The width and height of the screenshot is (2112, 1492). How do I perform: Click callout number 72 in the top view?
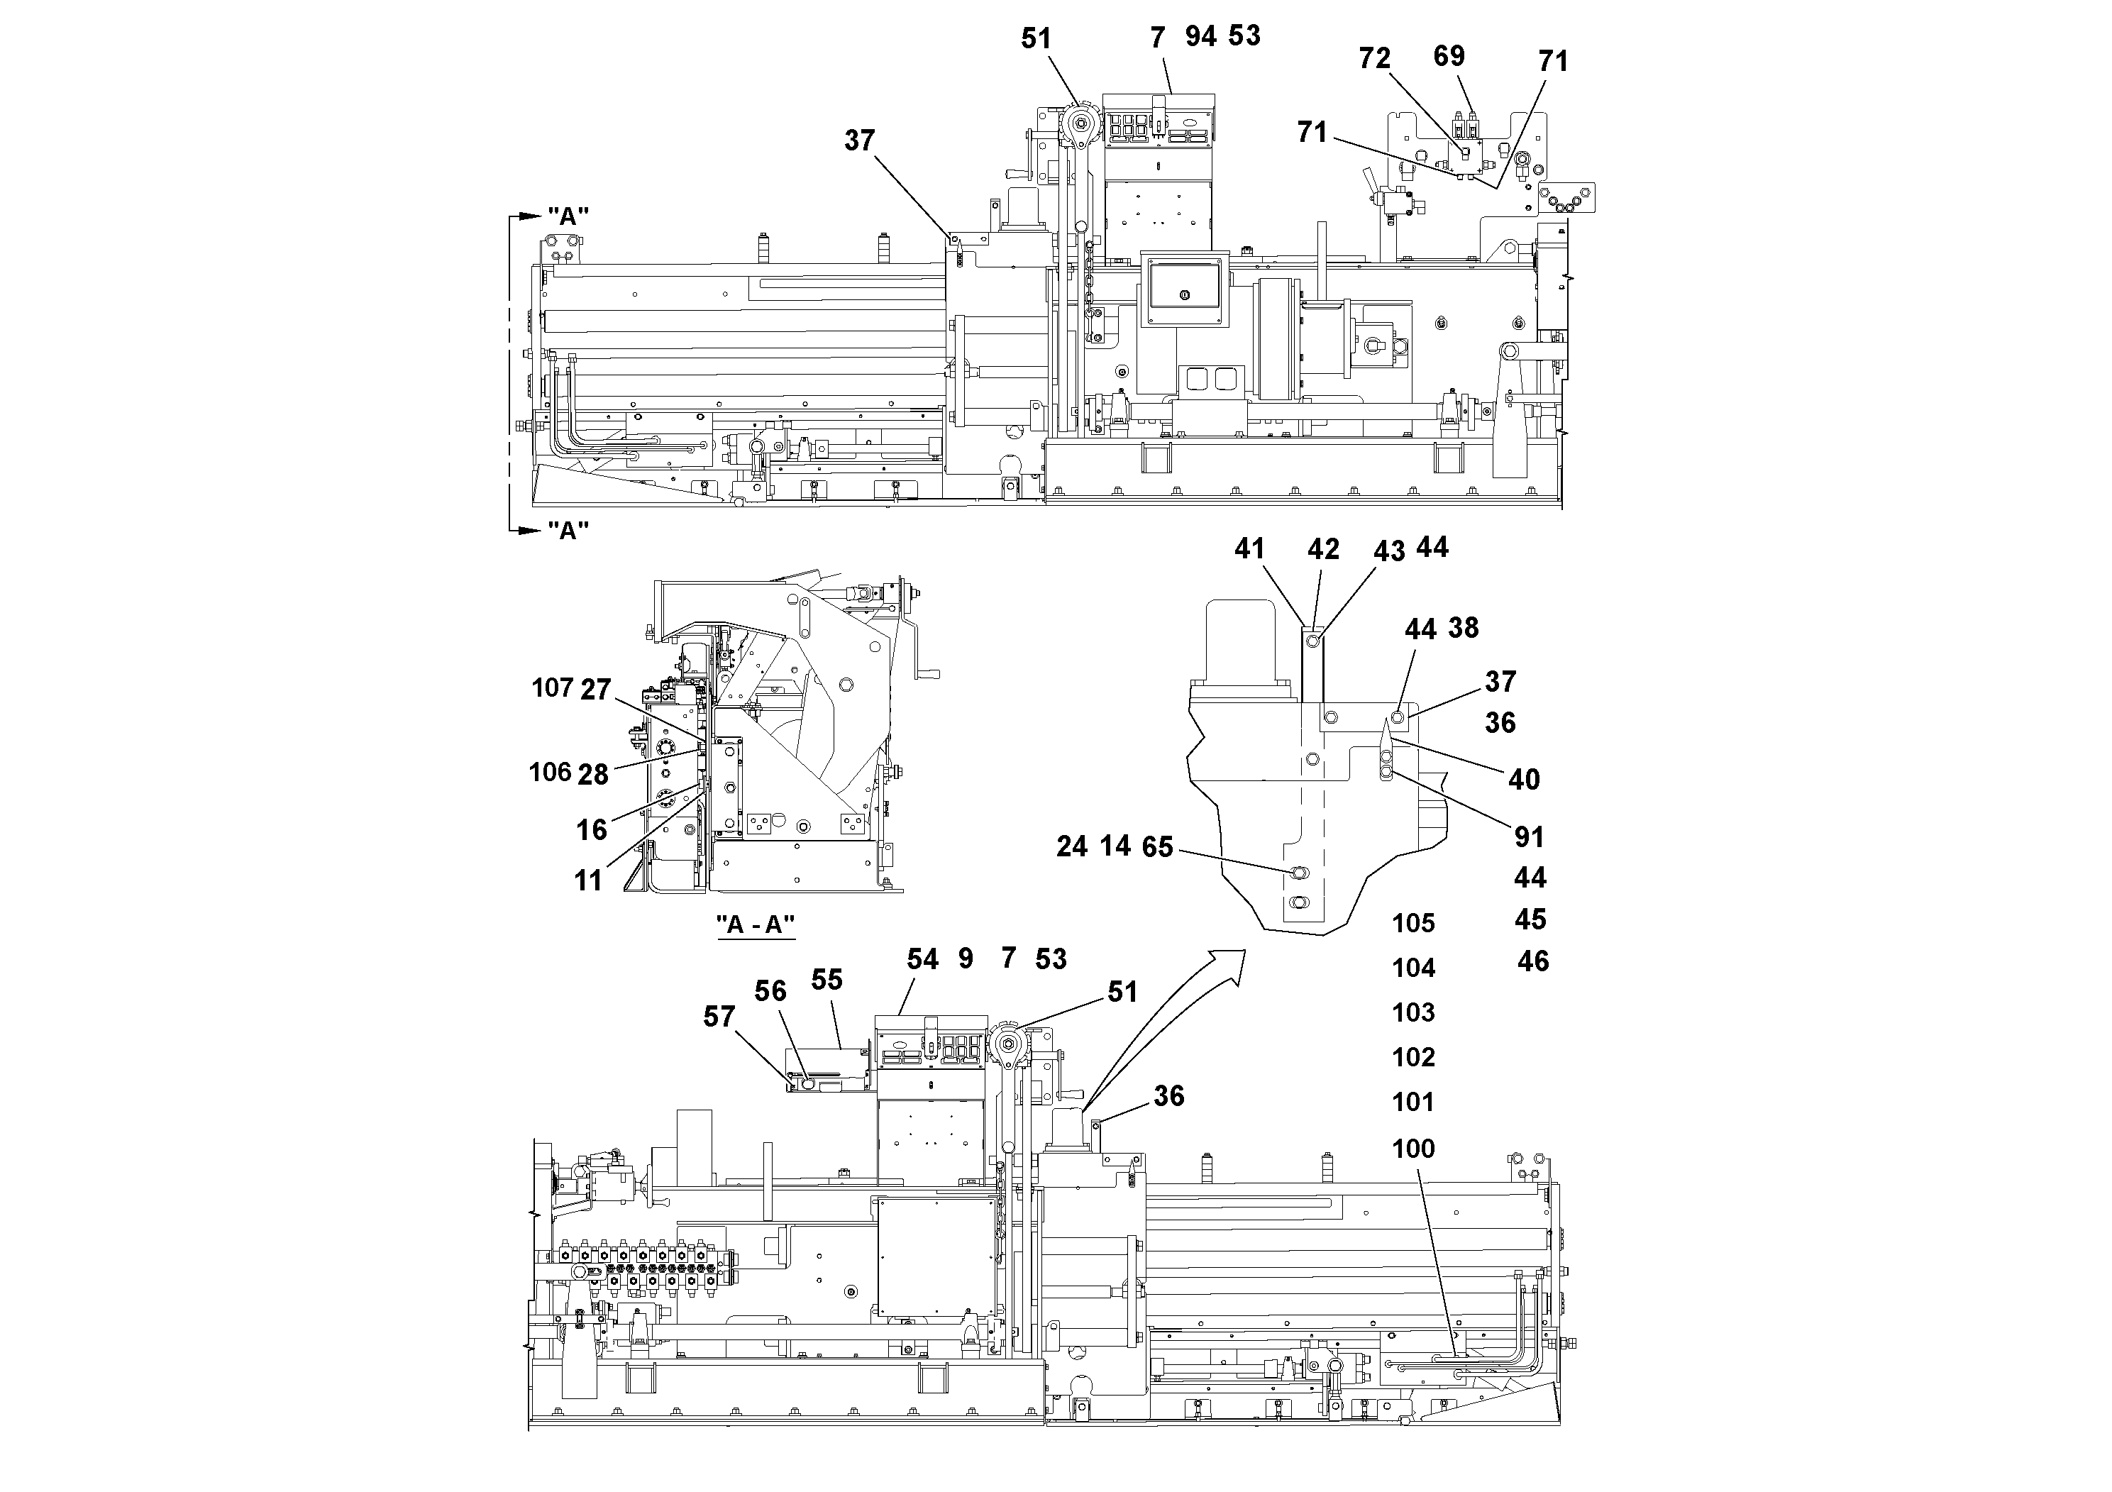tap(1374, 59)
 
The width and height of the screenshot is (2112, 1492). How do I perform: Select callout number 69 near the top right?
tap(1449, 56)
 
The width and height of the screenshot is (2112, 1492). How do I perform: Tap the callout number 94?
tap(1200, 37)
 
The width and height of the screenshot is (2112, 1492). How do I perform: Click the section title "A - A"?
tap(756, 924)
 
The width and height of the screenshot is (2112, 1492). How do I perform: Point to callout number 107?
tap(552, 687)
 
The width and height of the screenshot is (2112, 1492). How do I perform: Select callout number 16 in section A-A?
tap(592, 829)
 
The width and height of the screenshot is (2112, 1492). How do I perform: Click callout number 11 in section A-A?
tap(588, 880)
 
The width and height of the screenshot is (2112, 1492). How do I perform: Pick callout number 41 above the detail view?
tap(1249, 549)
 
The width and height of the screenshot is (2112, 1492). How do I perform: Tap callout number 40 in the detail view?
tap(1524, 780)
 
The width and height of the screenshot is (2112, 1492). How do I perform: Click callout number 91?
tap(1529, 837)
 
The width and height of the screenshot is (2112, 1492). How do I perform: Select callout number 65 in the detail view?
tap(1157, 846)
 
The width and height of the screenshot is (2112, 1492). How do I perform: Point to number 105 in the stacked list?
tap(1414, 922)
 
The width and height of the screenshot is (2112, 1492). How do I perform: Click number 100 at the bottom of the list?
tap(1414, 1149)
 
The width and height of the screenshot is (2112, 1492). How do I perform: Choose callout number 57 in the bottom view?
tap(719, 1017)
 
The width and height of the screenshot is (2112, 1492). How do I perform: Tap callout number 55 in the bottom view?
tap(827, 980)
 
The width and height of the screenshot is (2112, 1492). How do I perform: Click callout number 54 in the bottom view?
tap(922, 959)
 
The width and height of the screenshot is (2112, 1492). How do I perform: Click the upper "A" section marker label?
tap(568, 216)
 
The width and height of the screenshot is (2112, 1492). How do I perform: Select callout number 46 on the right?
tap(1532, 961)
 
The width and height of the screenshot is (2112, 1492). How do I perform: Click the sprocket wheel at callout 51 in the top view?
tap(1078, 123)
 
